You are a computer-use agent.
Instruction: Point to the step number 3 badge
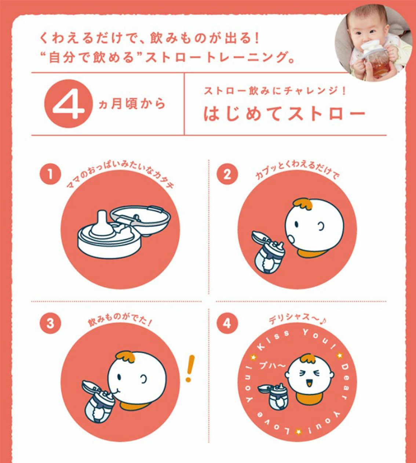tap(50, 323)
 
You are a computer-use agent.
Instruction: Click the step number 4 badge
tap(227, 323)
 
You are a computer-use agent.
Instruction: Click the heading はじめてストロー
tap(284, 114)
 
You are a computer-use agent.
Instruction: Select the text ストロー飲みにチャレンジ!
tap(275, 91)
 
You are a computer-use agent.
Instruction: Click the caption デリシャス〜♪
tap(298, 318)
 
